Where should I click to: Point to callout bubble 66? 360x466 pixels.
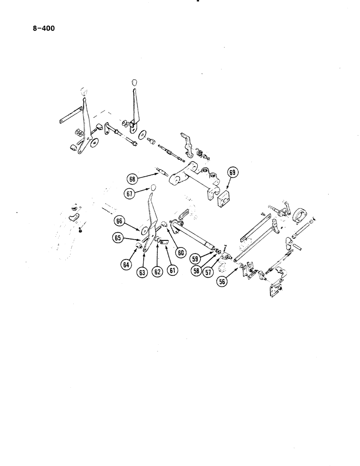120,221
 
